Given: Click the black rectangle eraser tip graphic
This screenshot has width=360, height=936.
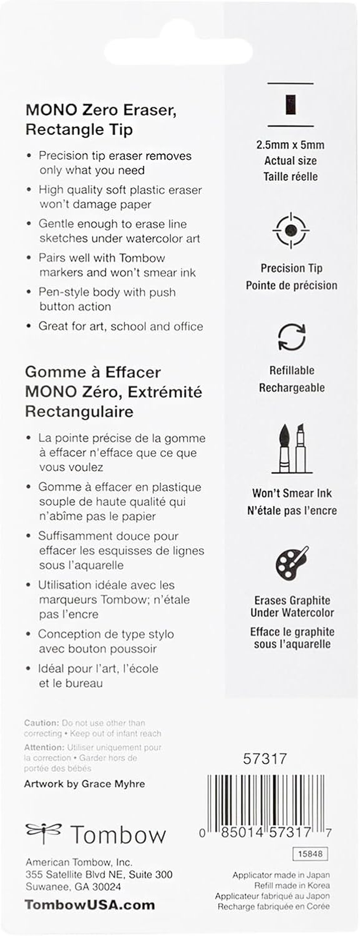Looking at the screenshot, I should [x=291, y=104].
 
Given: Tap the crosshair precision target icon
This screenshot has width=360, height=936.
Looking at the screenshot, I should [x=291, y=230].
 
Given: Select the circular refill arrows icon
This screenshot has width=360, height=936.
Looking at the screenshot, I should [x=292, y=337].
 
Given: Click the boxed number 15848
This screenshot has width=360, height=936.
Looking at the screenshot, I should [x=310, y=854].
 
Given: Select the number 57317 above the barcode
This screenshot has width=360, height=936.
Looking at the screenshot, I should [x=265, y=759].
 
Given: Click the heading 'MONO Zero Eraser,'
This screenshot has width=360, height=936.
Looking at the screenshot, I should [x=101, y=110].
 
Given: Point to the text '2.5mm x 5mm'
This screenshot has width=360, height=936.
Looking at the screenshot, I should [x=290, y=145].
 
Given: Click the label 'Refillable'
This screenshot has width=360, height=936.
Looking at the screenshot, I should [x=292, y=371].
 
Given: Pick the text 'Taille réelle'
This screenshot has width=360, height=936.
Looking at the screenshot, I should [x=291, y=176].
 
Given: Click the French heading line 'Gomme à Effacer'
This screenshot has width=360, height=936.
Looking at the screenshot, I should [x=93, y=372].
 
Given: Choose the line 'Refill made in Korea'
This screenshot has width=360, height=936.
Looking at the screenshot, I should [x=292, y=885].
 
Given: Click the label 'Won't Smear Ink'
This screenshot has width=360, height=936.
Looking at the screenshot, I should [x=292, y=493].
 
